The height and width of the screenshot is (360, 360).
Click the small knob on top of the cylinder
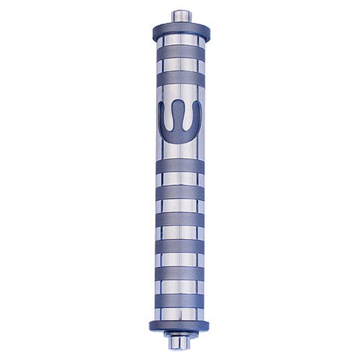pos(181,15)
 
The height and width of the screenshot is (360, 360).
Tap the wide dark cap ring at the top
pos(181,31)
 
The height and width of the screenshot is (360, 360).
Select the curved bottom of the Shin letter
pos(180,136)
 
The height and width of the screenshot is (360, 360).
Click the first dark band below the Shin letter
pos(180,166)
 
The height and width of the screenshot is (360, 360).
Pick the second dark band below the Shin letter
pos(180,193)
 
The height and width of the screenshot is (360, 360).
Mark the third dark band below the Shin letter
pos(180,220)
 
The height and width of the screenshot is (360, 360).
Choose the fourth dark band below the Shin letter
pos(180,246)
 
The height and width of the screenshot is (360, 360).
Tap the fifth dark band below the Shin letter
pos(180,273)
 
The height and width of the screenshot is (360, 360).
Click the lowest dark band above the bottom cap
pos(180,300)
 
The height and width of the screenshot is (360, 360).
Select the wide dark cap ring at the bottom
pos(180,325)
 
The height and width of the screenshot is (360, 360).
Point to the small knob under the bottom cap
pos(178,342)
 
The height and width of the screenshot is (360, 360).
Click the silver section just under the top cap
pos(181,40)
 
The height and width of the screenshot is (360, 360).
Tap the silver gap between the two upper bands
pos(181,65)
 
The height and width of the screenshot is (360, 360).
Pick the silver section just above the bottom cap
pos(180,313)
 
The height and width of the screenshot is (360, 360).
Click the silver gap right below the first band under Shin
pos(180,180)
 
